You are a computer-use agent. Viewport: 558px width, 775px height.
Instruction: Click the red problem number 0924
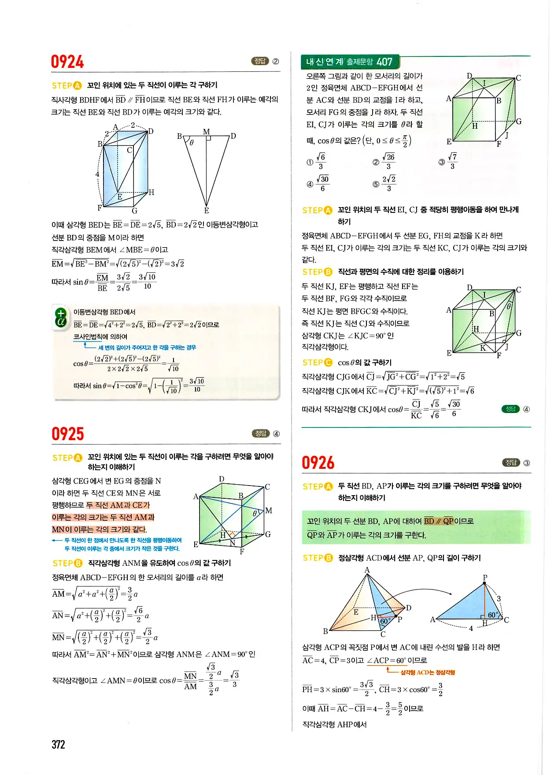click(x=67, y=62)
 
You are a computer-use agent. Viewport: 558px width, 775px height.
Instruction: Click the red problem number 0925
click(x=67, y=434)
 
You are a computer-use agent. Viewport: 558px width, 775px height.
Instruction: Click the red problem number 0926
click(x=318, y=463)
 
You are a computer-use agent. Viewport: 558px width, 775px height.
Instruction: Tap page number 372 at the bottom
click(x=58, y=745)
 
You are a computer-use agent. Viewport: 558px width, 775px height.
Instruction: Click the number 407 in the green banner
click(x=384, y=62)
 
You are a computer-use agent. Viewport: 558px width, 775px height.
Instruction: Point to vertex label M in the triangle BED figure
click(x=206, y=131)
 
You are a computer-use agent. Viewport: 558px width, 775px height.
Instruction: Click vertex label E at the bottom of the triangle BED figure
click(x=206, y=211)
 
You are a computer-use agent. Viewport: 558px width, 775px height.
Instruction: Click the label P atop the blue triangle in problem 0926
click(x=485, y=578)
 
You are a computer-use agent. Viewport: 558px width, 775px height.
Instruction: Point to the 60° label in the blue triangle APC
click(x=493, y=615)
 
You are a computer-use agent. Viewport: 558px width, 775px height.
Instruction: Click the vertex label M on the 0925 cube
click(x=269, y=511)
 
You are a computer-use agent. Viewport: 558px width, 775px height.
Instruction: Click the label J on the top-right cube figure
click(x=507, y=135)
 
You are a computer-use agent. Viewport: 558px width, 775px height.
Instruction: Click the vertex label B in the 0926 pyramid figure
click(x=325, y=631)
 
